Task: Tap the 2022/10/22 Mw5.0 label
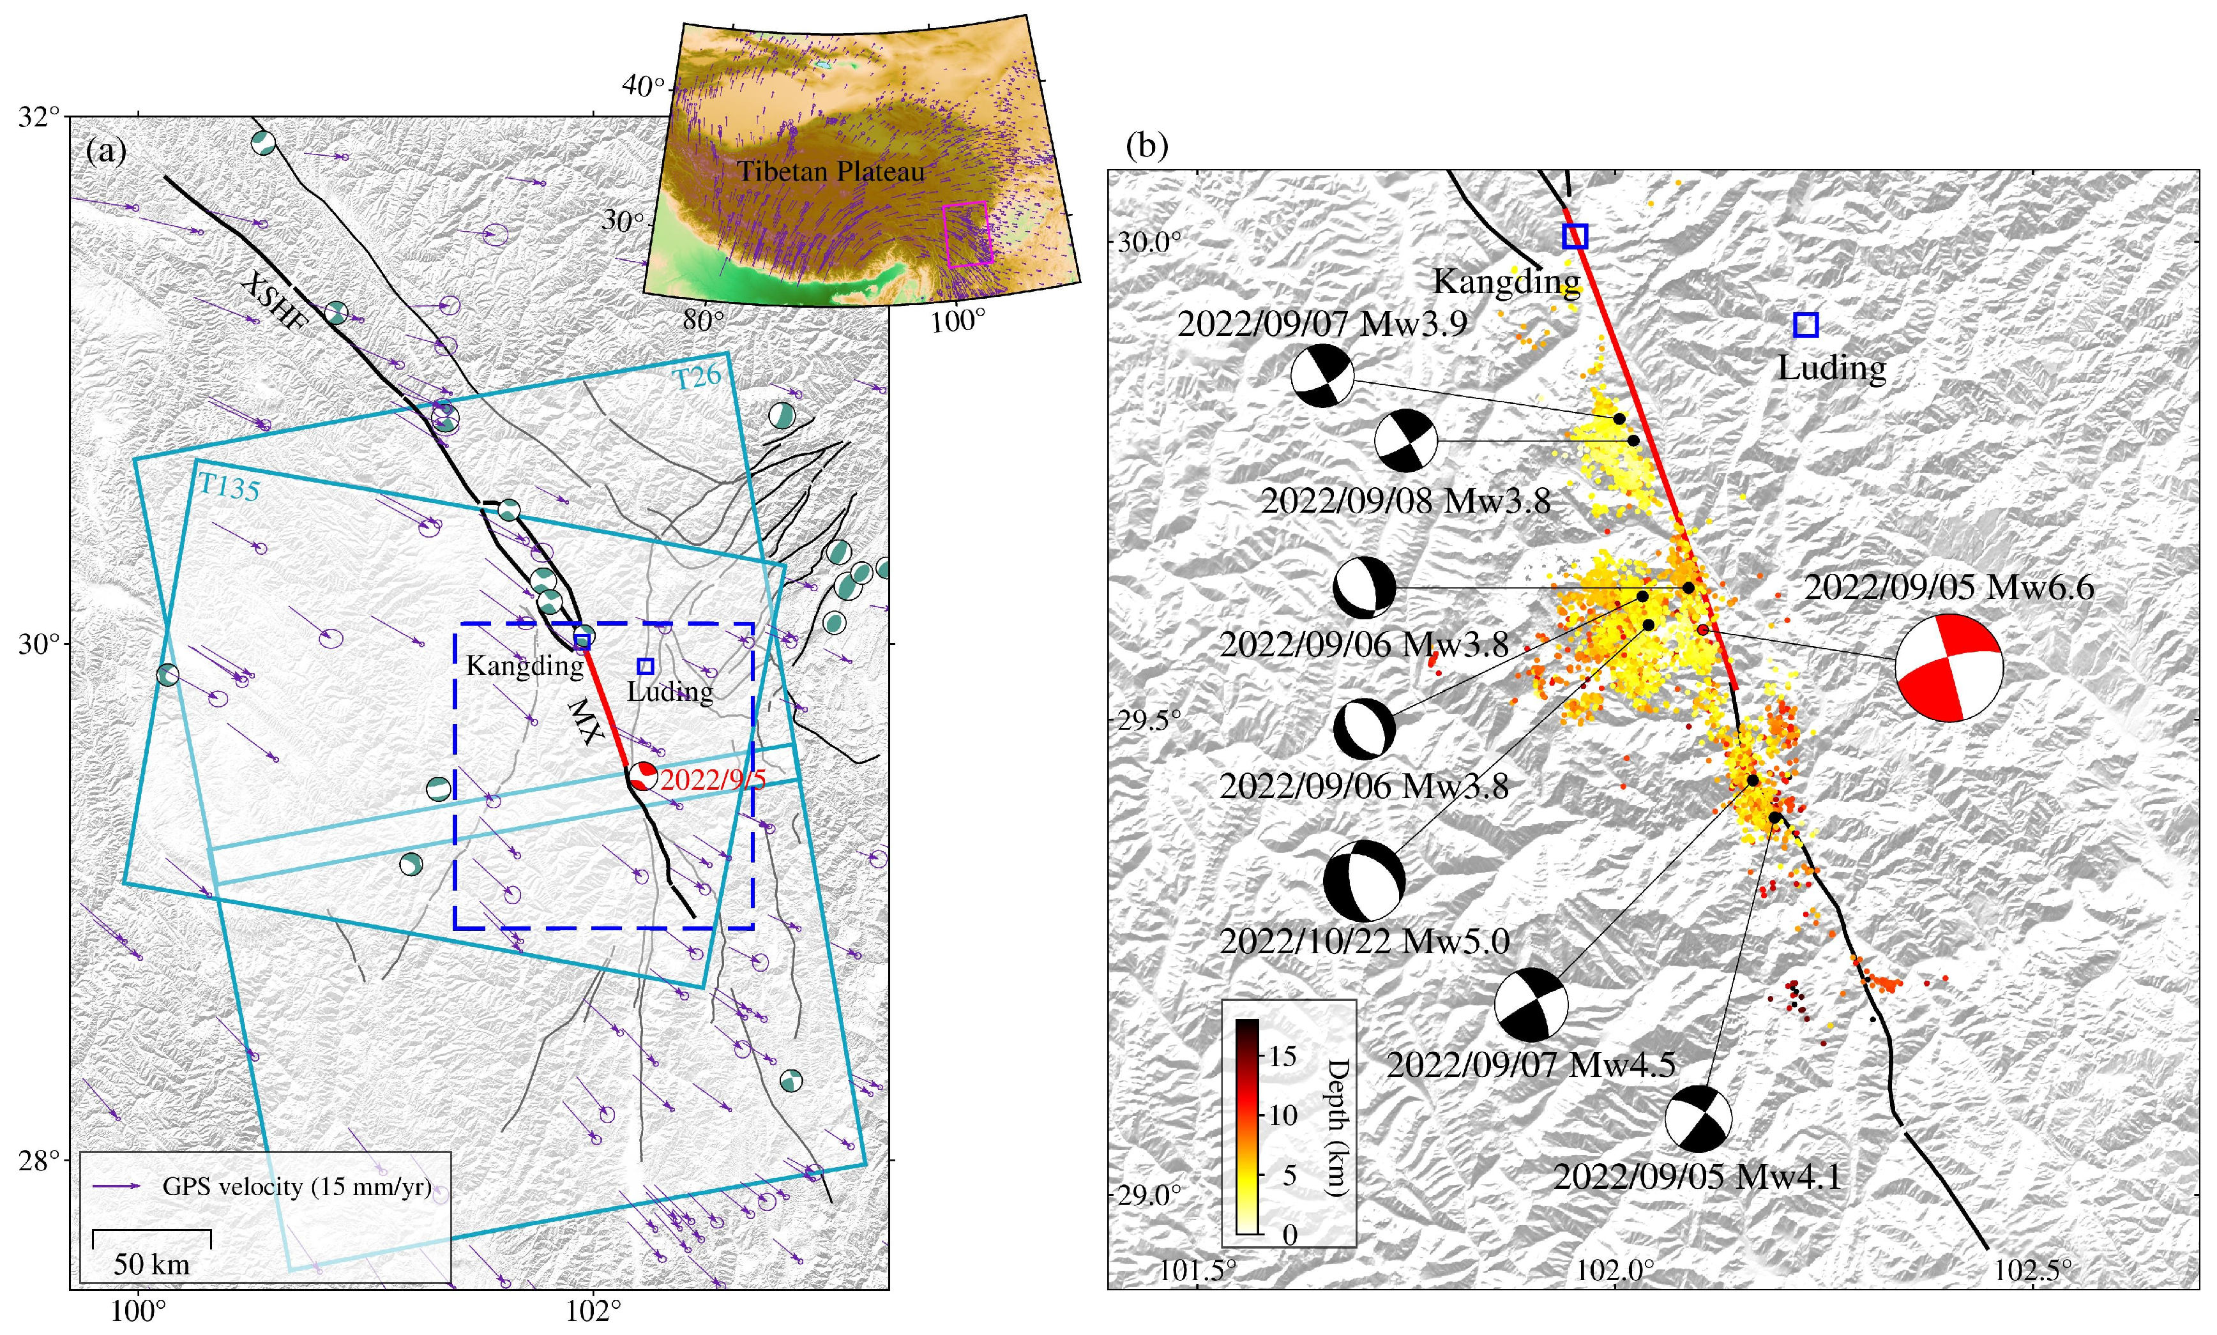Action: pos(1364,941)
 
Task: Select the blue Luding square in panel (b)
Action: pos(1806,325)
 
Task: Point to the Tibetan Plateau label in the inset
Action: pos(831,171)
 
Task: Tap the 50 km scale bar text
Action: pos(151,1265)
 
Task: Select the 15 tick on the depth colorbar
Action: pos(1282,1056)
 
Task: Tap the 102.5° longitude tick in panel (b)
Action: pos(2032,1271)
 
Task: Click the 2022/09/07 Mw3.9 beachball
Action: pos(1322,376)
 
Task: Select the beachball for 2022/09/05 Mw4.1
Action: pos(1698,1119)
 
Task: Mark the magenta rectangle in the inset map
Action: pos(968,234)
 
